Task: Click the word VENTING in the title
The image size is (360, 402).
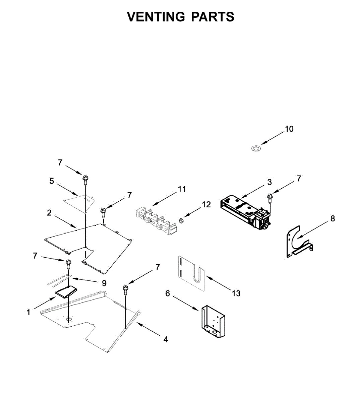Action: [156, 17]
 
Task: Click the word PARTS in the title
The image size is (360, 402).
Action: [213, 17]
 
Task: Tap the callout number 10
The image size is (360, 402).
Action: [289, 129]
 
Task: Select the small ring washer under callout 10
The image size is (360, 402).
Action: [256, 148]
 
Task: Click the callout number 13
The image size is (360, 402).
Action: [236, 293]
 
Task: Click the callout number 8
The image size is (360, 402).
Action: [333, 219]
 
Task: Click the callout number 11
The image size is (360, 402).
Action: [182, 190]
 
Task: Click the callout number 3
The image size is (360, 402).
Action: [269, 182]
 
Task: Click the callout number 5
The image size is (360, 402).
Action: [52, 181]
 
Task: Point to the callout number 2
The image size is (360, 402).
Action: [49, 213]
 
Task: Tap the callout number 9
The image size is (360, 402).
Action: [104, 283]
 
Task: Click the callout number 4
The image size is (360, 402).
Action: [166, 339]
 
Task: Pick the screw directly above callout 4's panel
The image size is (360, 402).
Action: [126, 290]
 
